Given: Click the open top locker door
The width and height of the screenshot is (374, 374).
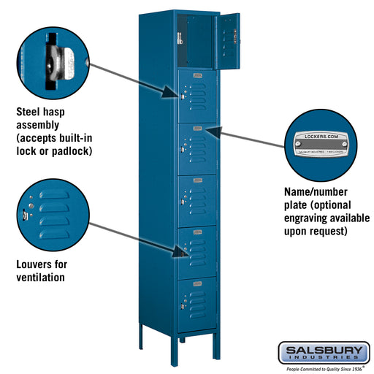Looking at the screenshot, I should pos(227,41).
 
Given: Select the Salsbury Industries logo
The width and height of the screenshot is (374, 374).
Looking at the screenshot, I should pos(323,353).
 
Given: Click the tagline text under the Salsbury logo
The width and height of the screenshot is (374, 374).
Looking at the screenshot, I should pos(323,368).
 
